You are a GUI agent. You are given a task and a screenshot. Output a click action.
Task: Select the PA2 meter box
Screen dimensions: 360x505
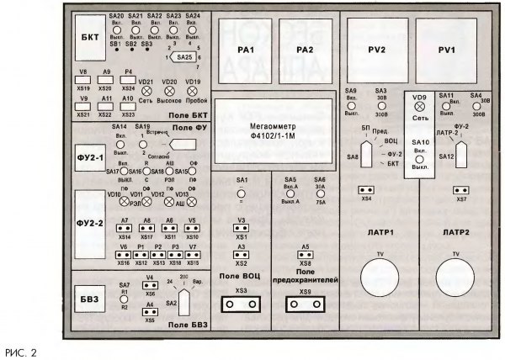[x=304, y=50]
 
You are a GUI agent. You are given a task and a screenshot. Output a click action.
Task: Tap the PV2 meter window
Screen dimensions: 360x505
[x=375, y=50]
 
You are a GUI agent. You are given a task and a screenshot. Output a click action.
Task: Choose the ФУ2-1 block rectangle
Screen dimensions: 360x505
[x=89, y=157]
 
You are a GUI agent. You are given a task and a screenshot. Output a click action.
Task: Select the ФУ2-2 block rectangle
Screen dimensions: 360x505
[x=89, y=223]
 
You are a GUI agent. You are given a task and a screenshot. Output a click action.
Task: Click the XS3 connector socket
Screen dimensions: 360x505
[x=242, y=304]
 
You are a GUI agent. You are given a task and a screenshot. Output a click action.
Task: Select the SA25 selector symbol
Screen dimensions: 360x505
[x=184, y=56]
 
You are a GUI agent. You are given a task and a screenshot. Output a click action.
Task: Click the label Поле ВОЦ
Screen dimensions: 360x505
[x=241, y=276]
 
